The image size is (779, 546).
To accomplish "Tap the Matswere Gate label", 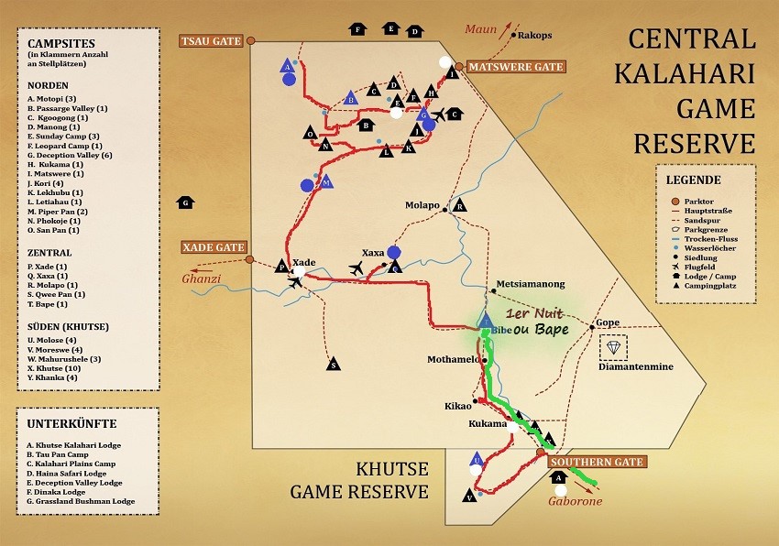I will point(515,67).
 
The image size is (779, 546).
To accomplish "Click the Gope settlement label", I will point(608,323).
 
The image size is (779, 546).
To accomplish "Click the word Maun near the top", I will point(480,28).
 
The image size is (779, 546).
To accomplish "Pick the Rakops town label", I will point(535,36).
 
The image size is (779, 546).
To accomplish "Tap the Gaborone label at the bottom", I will point(576,502).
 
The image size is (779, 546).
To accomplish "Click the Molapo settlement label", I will point(422,206).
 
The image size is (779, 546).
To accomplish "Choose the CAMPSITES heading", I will point(61,43).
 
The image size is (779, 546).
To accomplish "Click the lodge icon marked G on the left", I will point(186,202).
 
